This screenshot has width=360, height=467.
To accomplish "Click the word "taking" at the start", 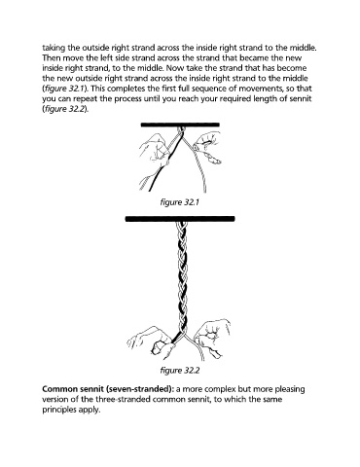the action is tap(54, 48).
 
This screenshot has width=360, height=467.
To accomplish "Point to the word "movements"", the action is tap(262, 89).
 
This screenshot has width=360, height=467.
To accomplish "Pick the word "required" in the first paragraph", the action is tap(234, 98).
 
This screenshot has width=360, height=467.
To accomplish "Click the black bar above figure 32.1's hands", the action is tap(180, 125).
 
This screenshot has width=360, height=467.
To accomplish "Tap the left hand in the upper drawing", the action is tap(154, 150).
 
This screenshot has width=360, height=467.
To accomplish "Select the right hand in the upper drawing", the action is tap(207, 147).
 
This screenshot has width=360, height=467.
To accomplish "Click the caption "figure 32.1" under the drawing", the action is tap(179, 202).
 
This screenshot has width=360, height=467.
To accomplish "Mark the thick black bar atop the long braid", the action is tap(180, 219).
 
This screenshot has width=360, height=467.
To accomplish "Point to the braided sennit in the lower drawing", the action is tap(182, 279).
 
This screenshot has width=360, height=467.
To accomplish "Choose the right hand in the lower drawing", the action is tap(212, 339).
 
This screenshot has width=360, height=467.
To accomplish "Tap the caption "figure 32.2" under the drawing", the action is tap(180, 370).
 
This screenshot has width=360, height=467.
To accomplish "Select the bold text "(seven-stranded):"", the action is tap(140, 389).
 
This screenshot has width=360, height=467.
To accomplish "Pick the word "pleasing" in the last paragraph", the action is tap(290, 389).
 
